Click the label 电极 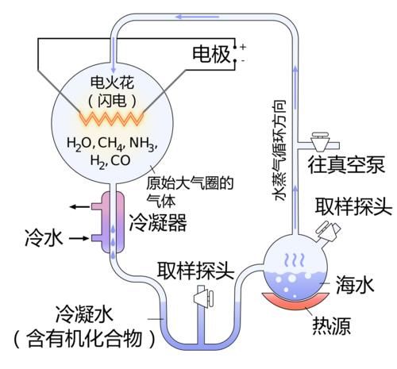pos(211,54)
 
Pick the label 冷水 pos(39,237)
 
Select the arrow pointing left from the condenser pos(78,207)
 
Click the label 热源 pos(332,327)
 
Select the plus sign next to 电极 pos(243,46)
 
